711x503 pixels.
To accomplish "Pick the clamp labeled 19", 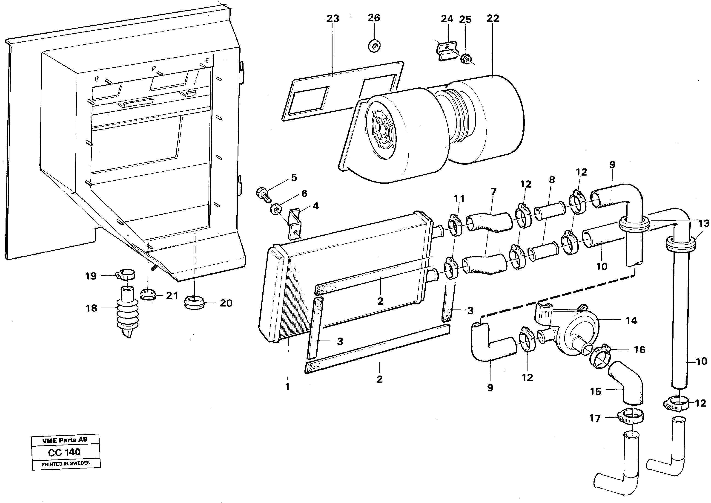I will (x=126, y=274).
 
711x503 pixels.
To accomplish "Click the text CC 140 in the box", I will (x=64, y=452).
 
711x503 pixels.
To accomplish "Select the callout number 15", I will (x=596, y=392).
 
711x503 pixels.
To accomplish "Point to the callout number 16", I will (x=639, y=350).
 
